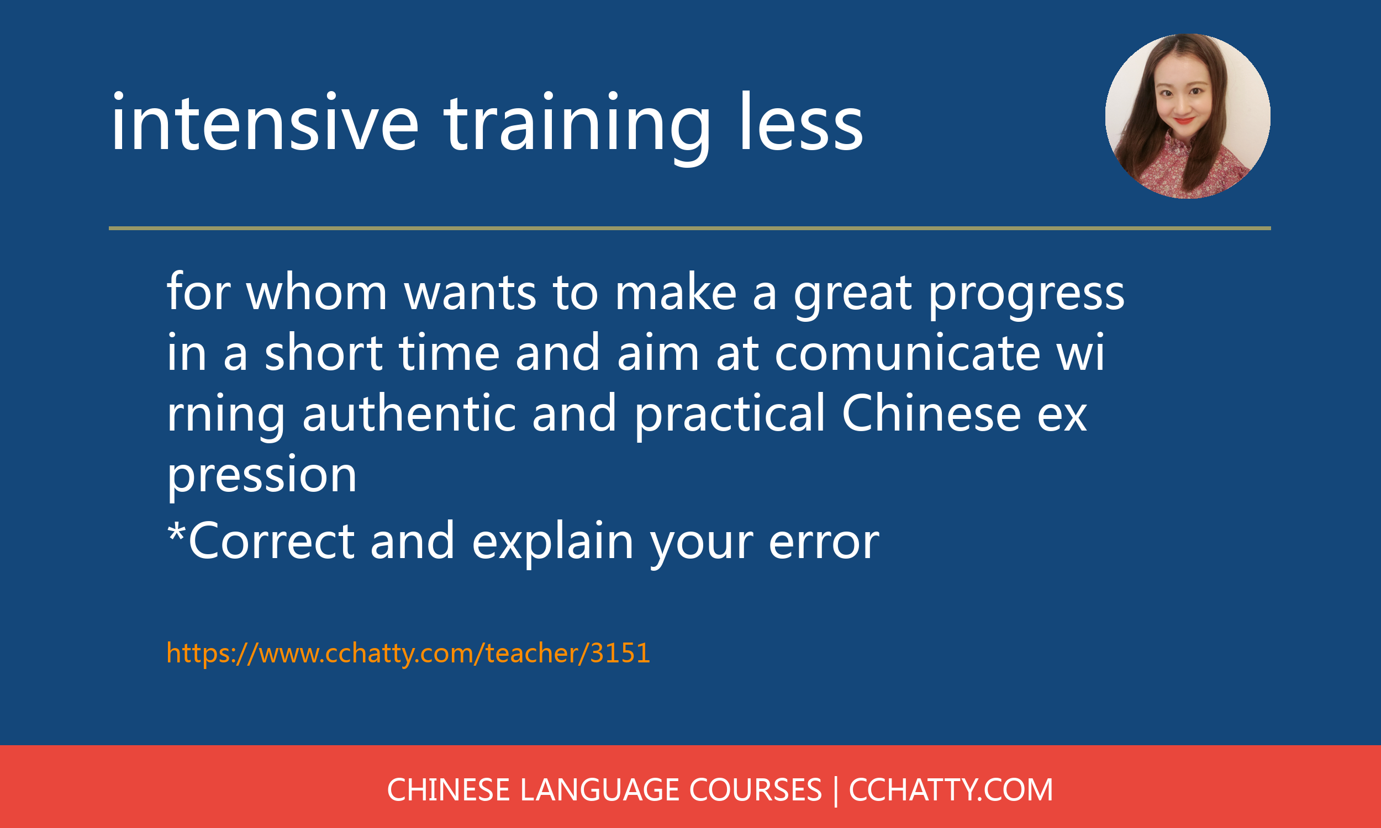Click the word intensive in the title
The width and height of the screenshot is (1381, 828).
click(265, 121)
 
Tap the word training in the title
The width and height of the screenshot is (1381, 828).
click(577, 128)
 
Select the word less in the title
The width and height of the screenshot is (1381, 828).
click(801, 121)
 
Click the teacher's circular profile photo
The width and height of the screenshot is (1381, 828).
click(1188, 116)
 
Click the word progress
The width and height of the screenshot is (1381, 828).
click(1026, 296)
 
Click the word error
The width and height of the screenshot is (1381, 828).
click(824, 542)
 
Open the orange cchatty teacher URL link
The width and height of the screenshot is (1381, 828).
click(409, 654)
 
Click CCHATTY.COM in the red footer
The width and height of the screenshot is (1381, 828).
click(951, 790)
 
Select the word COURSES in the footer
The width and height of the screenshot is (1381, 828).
click(756, 790)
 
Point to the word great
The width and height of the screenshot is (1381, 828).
click(853, 296)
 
